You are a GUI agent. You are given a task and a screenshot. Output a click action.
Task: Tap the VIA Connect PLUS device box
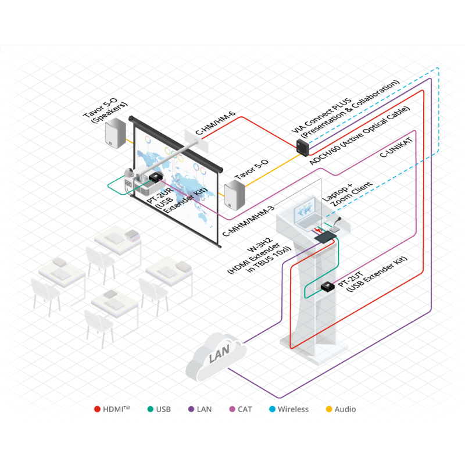(303, 147)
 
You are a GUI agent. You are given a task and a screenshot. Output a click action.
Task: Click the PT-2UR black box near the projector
(155, 176)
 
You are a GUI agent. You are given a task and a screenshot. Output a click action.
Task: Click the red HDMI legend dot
(97, 409)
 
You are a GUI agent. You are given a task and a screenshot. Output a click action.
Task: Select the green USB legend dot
(150, 409)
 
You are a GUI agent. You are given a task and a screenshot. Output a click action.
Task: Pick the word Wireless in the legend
(293, 409)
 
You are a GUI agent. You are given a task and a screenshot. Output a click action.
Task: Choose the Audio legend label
(345, 409)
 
